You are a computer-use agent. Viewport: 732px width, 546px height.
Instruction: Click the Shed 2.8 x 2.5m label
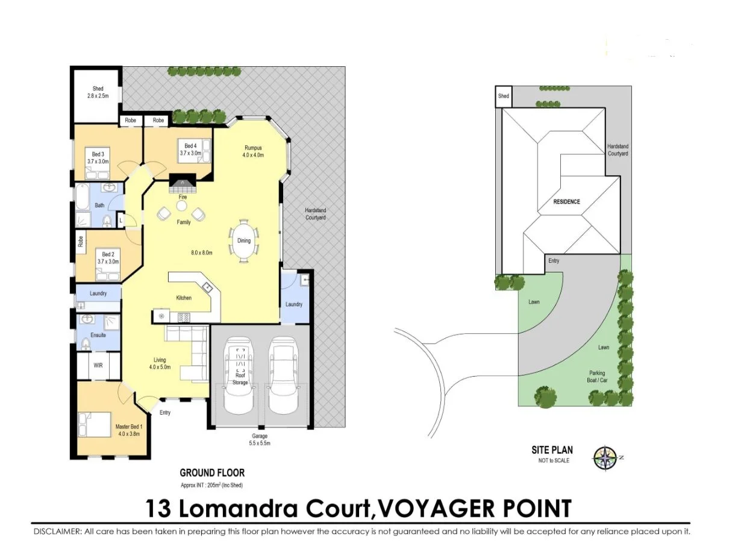click(x=98, y=92)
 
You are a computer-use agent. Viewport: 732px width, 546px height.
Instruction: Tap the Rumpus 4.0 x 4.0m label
click(x=254, y=151)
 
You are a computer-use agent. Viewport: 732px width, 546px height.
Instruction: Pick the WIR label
click(x=98, y=365)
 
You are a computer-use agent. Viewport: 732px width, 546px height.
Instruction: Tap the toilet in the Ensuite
click(x=86, y=344)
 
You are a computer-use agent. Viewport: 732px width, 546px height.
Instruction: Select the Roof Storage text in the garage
click(x=240, y=378)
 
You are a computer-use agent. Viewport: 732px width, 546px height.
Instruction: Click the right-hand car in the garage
click(x=284, y=375)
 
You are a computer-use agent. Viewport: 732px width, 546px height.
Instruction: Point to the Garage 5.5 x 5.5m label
click(x=260, y=439)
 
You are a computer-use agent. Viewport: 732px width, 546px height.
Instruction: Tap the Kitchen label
click(x=184, y=298)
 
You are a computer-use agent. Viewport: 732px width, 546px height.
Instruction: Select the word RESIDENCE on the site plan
click(x=566, y=201)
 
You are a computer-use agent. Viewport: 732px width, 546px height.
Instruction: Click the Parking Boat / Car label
click(x=596, y=377)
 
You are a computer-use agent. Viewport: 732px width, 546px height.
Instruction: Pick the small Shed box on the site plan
click(x=503, y=96)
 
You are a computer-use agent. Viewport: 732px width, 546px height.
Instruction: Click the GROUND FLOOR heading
click(x=212, y=473)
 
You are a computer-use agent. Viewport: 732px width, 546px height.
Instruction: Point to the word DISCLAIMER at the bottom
click(x=57, y=532)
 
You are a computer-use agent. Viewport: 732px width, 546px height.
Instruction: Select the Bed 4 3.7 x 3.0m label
click(x=189, y=149)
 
